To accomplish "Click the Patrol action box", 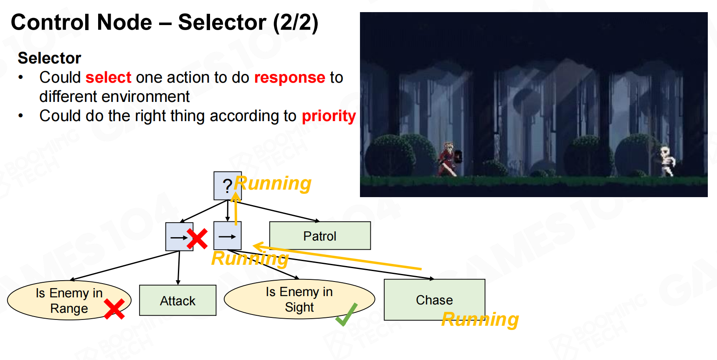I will pos(320,236).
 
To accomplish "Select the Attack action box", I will pos(177,301).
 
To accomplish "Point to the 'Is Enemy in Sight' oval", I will pos(299,299).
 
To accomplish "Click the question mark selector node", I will pos(227,185).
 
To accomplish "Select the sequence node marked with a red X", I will pos(179,237).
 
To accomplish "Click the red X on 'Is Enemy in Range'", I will pos(114,309).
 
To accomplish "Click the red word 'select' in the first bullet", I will pos(109,78).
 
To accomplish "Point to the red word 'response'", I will pos(289,78).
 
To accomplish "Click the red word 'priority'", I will pos(329,116).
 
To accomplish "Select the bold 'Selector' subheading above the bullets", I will pos(49,58).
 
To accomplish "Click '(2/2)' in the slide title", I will pos(295,23).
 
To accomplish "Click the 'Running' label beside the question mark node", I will pos(273,183).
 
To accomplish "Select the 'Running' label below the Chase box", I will pos(480,319).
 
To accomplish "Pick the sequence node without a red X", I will pos(227,236).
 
